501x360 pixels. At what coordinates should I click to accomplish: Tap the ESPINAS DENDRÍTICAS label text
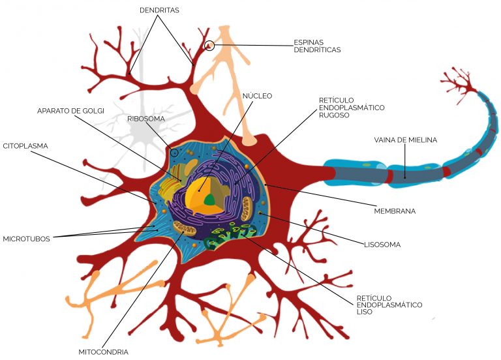click(x=317, y=46)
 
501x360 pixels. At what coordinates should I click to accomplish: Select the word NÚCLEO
click(x=257, y=96)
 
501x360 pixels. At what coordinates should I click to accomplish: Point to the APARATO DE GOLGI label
click(x=70, y=111)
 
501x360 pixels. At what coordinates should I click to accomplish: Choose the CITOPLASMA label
click(x=25, y=146)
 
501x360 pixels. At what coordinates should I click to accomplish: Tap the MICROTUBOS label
click(x=26, y=239)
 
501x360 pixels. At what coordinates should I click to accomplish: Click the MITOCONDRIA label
click(x=103, y=352)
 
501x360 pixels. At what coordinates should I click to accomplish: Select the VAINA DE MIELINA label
click(x=406, y=140)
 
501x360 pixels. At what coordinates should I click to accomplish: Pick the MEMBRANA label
click(x=395, y=211)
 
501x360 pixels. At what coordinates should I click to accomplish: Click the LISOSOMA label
click(x=382, y=245)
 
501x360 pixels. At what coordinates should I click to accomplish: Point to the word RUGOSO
click(x=334, y=115)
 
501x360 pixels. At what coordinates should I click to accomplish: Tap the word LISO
click(x=365, y=312)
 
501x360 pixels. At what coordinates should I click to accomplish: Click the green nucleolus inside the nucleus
click(x=209, y=200)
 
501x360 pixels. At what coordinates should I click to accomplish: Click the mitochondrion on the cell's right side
click(x=247, y=208)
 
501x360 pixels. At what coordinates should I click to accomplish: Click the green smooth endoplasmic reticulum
click(x=231, y=235)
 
